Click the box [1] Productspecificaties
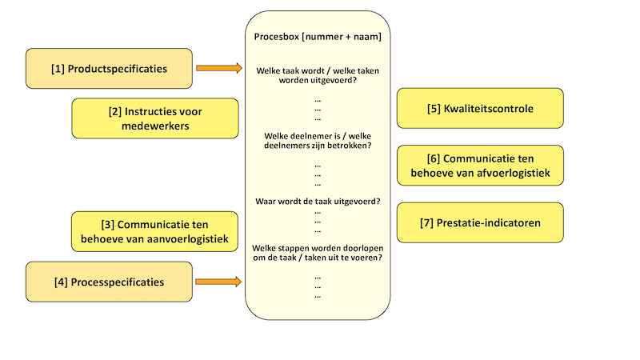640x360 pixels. click(110, 69)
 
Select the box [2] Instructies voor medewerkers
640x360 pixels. click(155, 118)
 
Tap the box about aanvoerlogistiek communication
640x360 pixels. click(155, 231)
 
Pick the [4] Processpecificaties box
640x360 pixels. click(110, 282)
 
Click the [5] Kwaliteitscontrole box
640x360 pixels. click(480, 108)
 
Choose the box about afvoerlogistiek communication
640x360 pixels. click(480, 166)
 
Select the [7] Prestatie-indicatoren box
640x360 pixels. click(480, 222)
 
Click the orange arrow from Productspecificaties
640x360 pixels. click(218, 69)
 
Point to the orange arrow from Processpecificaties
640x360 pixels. click(218, 282)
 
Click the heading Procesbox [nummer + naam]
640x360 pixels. click(318, 37)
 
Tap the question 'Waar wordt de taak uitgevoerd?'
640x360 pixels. click(318, 201)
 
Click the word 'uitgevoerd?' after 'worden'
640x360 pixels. click(331, 81)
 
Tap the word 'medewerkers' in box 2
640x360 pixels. click(155, 126)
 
